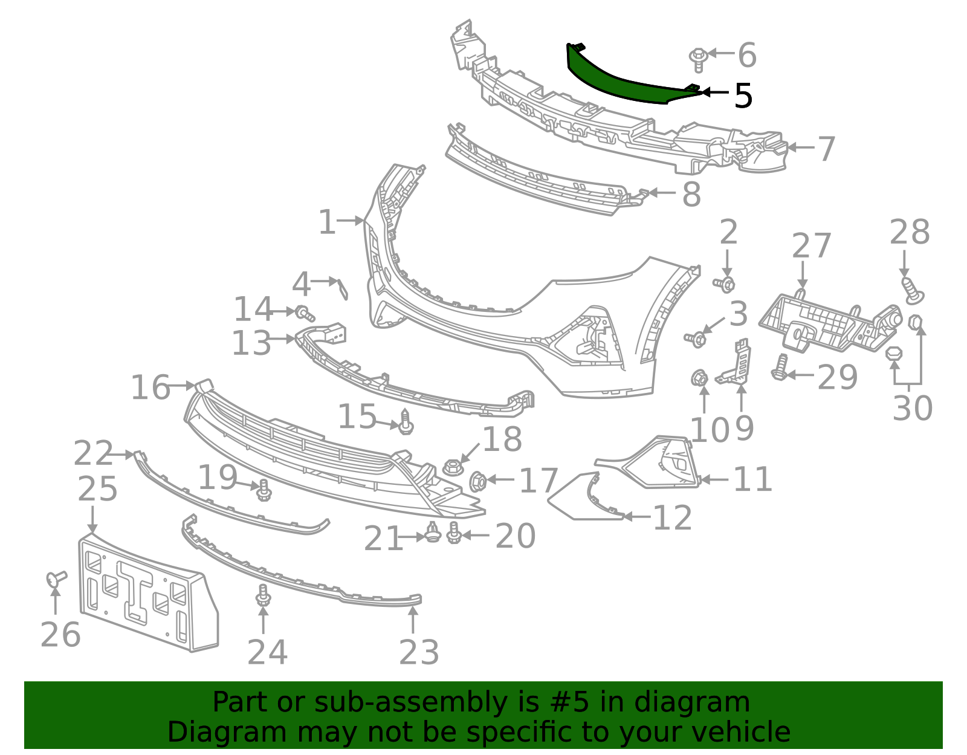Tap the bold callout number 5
[743, 96]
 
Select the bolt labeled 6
[698, 59]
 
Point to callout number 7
[826, 149]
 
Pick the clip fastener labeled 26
[56, 578]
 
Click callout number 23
[419, 653]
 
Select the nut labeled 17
[478, 481]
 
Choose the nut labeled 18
[453, 467]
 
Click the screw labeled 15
[406, 422]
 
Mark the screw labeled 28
[912, 290]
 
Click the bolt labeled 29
[780, 368]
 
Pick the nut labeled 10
[700, 378]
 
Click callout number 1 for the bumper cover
[326, 222]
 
